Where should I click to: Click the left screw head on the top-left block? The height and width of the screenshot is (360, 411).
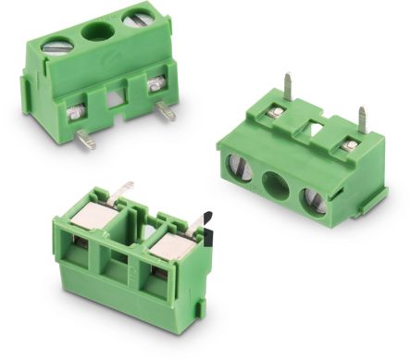click(x=57, y=42)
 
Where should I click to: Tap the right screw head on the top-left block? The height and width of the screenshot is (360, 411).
click(x=137, y=17)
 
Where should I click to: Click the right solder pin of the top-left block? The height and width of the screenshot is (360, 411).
click(x=167, y=111)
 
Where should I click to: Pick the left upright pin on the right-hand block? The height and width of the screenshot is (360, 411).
click(x=289, y=87)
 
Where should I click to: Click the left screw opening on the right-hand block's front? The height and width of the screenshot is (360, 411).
click(x=240, y=168)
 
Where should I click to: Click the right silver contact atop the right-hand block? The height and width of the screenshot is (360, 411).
click(x=349, y=145)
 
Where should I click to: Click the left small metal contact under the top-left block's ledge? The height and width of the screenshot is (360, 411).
click(x=76, y=113)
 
